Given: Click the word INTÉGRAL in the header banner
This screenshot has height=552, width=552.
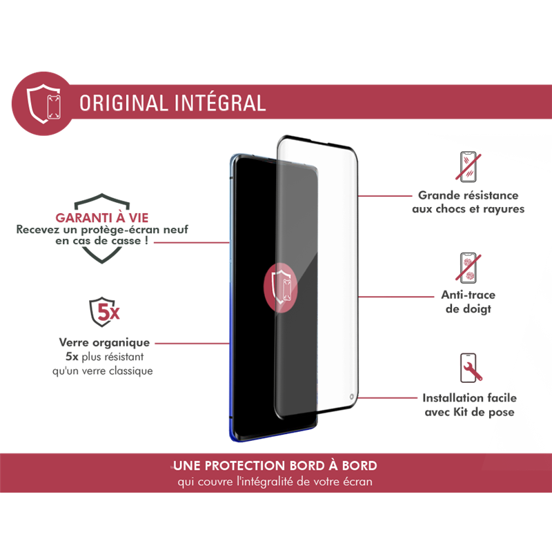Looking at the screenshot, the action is click(220, 102).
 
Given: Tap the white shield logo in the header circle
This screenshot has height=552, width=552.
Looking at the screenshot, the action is click(44, 103).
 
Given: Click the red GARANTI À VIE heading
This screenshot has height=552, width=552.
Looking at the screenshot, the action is click(102, 218).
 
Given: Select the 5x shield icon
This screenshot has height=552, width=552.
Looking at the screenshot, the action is click(105, 312).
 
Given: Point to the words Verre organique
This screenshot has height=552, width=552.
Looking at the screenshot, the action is click(105, 342).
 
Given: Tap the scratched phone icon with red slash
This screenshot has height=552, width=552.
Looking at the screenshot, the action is click(469, 167).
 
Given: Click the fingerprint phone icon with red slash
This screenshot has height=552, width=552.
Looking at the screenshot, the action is click(469, 268).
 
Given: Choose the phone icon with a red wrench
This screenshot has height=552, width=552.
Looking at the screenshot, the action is click(471, 368).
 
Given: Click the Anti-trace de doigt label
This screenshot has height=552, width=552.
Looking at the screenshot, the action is click(469, 302).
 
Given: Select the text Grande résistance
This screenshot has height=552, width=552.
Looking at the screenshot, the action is click(469, 195).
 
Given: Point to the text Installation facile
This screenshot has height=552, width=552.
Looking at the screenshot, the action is click(470, 398).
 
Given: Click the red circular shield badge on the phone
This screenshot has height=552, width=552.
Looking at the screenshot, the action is click(281, 287).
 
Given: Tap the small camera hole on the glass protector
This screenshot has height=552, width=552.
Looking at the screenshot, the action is click(351, 397).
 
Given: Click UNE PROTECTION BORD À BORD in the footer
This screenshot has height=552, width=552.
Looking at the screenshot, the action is click(275, 465).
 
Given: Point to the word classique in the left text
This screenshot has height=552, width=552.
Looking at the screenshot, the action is click(131, 371).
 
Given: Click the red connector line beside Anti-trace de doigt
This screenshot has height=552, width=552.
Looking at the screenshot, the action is click(395, 297).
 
